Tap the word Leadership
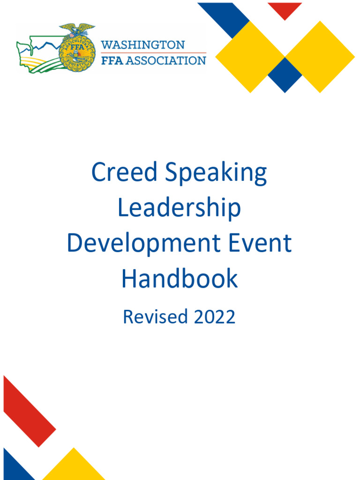click(x=179, y=209)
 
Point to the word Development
click(x=143, y=244)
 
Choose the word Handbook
click(x=180, y=279)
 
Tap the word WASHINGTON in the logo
click(x=143, y=45)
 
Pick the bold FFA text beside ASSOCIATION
click(x=113, y=60)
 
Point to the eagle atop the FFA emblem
click(x=77, y=29)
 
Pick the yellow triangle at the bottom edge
click(x=73, y=467)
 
